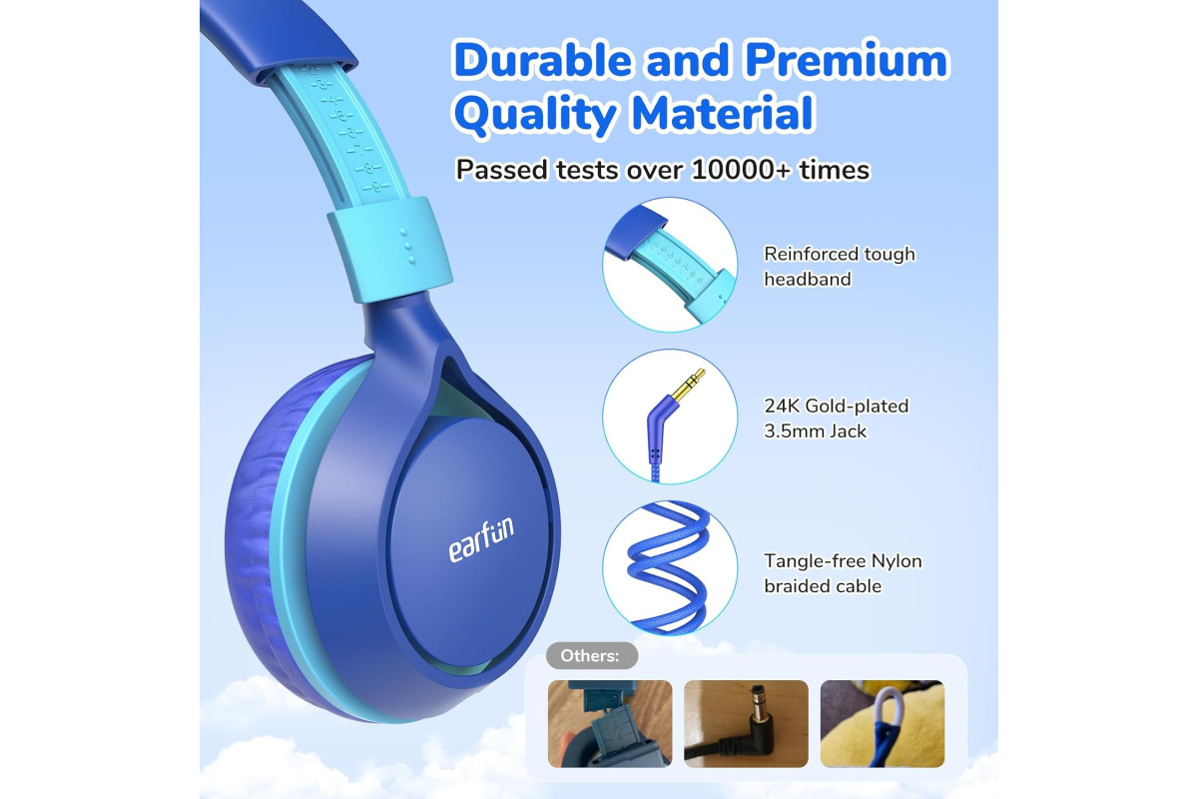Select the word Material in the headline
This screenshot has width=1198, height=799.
[723, 113]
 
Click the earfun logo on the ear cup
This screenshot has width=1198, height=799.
[481, 539]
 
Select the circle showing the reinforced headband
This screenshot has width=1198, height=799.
[670, 265]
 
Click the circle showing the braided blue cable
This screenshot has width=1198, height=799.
[670, 568]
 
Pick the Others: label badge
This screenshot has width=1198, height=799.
[591, 655]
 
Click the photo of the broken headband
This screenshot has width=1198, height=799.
[610, 723]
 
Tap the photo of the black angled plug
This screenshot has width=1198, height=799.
[746, 723]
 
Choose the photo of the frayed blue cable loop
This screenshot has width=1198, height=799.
[883, 723]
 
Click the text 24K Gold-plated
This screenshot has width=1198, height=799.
[837, 406]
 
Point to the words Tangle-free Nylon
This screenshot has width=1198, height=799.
[843, 561]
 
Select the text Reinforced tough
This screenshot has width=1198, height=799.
[840, 255]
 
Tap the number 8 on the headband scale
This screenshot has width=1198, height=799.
[369, 169]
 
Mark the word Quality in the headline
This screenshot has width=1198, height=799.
[535, 115]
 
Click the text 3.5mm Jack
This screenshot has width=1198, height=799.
[815, 431]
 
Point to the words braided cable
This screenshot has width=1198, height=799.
[823, 586]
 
